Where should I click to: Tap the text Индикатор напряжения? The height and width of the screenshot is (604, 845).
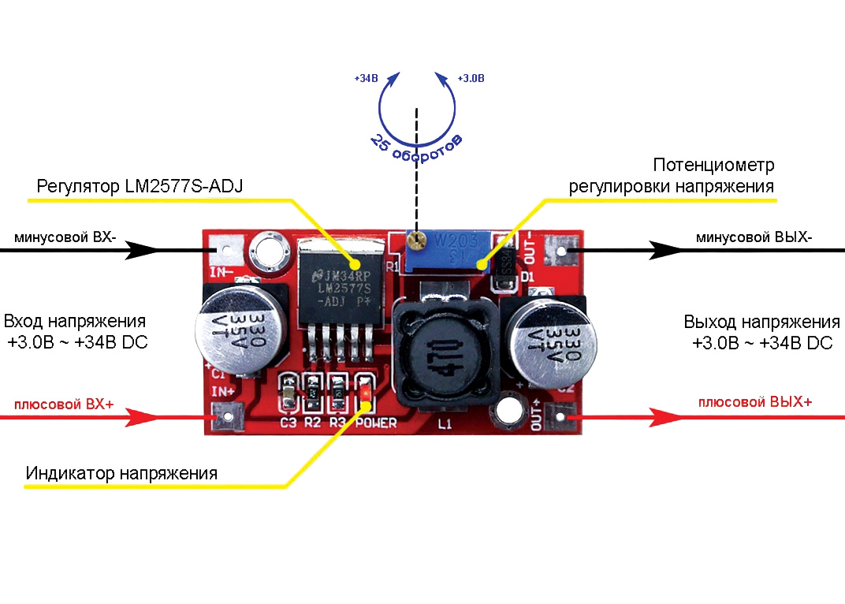121,474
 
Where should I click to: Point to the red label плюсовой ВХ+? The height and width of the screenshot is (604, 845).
64,405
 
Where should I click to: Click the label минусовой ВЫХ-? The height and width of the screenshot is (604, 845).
754,237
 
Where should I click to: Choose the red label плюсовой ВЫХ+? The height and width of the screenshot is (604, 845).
755,401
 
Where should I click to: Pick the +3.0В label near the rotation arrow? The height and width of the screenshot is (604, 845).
471,79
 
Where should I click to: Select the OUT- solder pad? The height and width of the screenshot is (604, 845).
561,252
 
